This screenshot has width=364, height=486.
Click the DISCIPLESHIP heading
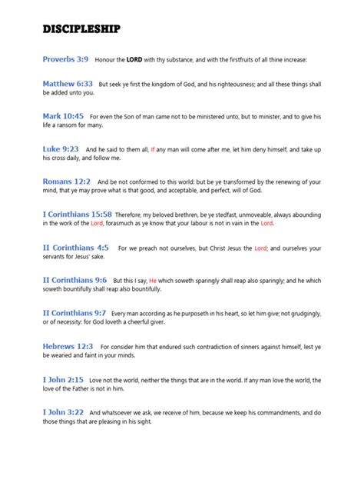coord(81,29)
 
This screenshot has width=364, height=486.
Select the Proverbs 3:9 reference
coord(66,58)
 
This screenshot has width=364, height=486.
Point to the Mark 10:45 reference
coord(63,115)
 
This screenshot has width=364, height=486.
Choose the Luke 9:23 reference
coord(61,148)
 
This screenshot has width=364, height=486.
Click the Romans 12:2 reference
coord(66,181)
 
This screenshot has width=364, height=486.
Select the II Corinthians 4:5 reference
coord(75,248)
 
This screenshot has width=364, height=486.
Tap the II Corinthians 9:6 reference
coord(74,281)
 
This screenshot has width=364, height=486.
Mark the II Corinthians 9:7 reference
coord(74,314)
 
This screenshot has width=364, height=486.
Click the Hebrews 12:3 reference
coord(68,347)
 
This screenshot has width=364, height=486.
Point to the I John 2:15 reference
coord(63,380)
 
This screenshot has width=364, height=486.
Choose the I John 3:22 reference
coord(63,413)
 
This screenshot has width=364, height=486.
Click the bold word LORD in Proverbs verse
coord(134,59)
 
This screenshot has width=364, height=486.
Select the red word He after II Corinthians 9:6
coord(153,281)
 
